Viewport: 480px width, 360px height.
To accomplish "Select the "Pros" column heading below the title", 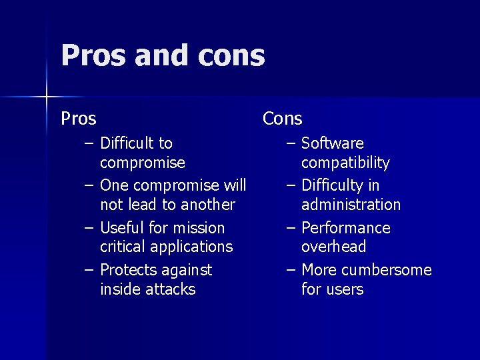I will point(79,119).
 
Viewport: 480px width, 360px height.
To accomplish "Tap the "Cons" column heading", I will point(282,119).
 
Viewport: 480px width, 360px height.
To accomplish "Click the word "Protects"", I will point(129,270).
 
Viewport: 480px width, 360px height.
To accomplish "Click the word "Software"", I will point(333,143).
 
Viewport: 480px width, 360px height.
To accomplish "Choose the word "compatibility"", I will point(345,163).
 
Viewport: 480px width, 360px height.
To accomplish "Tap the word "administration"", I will point(351,205).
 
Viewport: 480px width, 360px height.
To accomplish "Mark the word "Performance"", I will point(346,228).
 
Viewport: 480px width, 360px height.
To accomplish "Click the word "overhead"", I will point(333,247).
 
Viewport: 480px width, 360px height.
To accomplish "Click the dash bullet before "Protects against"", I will point(89,270).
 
